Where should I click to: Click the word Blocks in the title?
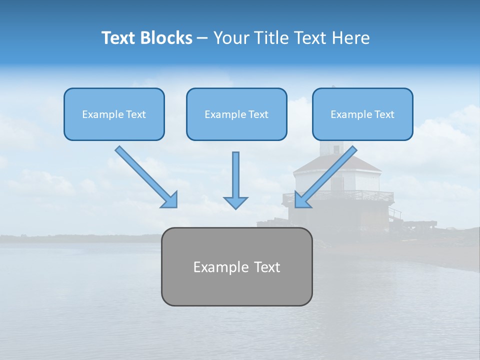[x=167, y=38]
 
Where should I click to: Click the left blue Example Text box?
[x=114, y=114]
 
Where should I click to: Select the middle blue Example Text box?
[x=236, y=114]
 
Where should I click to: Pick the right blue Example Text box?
[x=362, y=114]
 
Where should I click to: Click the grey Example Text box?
[x=236, y=266]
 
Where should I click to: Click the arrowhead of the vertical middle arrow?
[x=235, y=202]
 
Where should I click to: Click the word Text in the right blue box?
[x=384, y=114]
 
